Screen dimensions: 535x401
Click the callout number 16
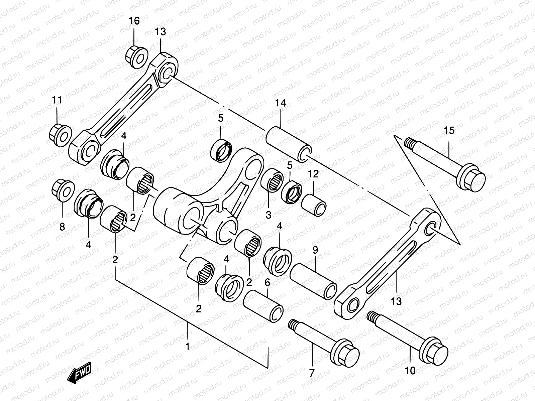(134, 21)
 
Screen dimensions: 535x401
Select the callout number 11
(57, 100)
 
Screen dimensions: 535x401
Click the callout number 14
(281, 103)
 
